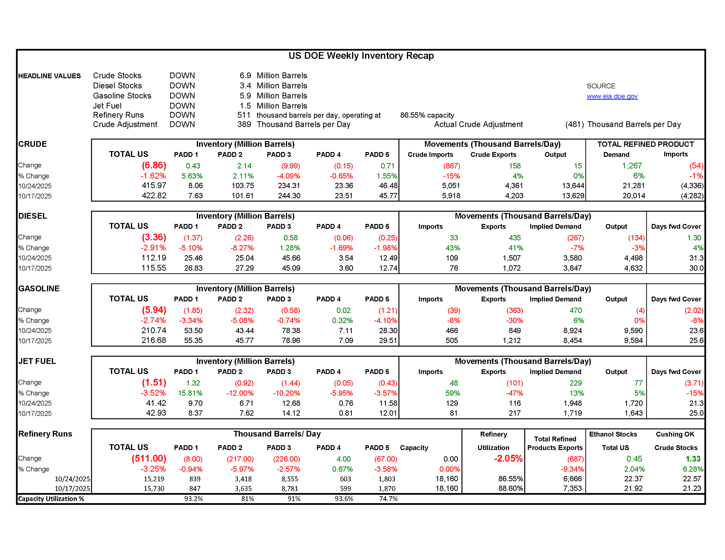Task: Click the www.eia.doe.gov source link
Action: click(612, 96)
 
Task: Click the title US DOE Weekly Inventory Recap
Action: click(361, 56)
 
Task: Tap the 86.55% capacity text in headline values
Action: click(427, 115)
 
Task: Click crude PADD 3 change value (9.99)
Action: click(290, 166)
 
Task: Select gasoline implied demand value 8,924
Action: click(572, 331)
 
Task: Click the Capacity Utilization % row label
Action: click(51, 499)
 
